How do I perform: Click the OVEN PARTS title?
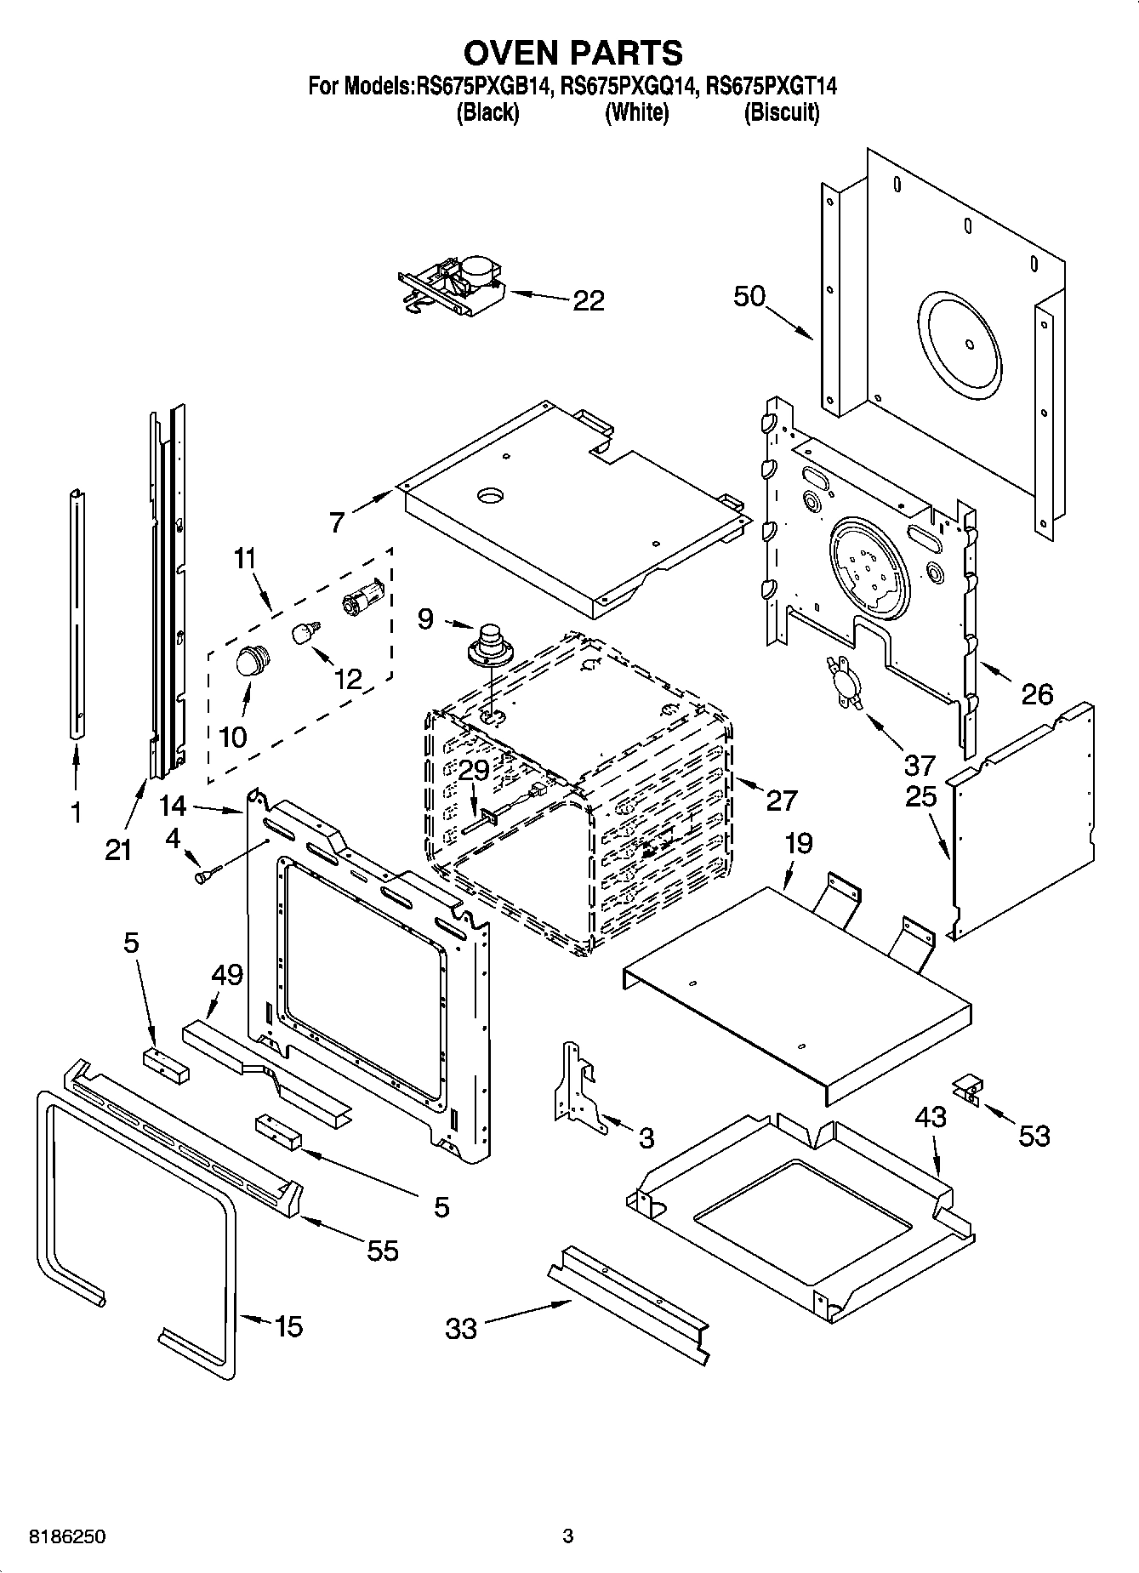tap(572, 53)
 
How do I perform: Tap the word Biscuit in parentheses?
tap(781, 112)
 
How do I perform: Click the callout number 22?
tap(588, 300)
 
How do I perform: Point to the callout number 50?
tap(749, 297)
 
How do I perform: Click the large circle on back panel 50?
tap(968, 344)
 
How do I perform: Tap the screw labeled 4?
tap(207, 874)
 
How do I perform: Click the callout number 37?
tap(920, 765)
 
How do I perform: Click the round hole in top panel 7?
tap(491, 495)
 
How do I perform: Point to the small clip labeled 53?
tap(967, 1089)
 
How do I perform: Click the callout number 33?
tap(461, 1329)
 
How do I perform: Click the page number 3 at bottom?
tap(568, 1536)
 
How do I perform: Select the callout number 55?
tap(382, 1251)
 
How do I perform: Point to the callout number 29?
tap(474, 771)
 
